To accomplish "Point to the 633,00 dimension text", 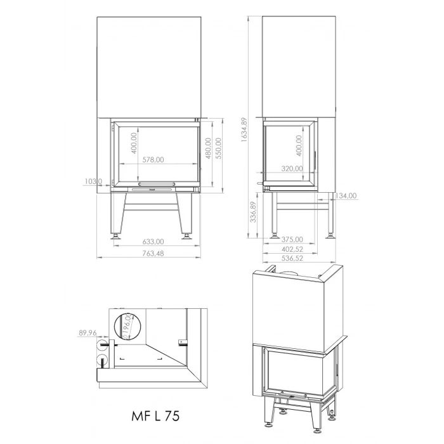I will point(153,242).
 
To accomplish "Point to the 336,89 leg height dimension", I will point(253,213).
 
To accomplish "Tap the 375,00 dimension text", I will point(292,239).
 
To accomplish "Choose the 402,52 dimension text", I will point(292,249).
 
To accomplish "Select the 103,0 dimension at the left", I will point(93,181).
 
